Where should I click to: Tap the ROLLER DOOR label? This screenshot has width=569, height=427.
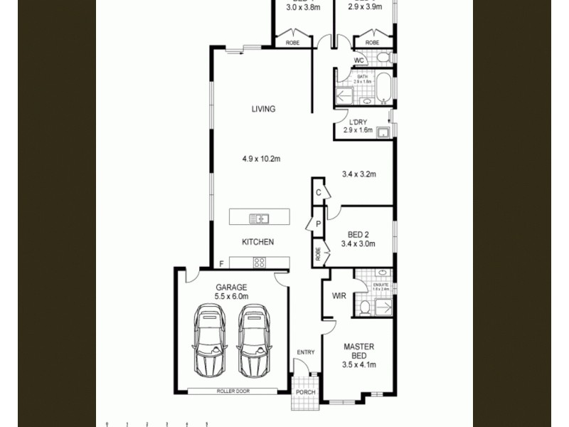pyautogui.click(x=233, y=391)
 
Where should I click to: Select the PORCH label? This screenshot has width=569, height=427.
pyautogui.click(x=305, y=392)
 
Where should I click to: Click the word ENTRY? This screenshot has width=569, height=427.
pyautogui.click(x=305, y=352)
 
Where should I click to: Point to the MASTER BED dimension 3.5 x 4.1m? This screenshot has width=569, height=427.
pyautogui.click(x=358, y=365)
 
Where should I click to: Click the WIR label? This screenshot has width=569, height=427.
pyautogui.click(x=339, y=295)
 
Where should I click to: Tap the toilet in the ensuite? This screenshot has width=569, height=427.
pyautogui.click(x=364, y=307)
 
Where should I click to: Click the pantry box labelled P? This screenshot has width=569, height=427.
pyautogui.click(x=317, y=223)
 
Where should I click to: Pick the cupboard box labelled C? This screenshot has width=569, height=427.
pyautogui.click(x=318, y=192)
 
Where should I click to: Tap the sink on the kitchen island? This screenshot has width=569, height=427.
pyautogui.click(x=258, y=218)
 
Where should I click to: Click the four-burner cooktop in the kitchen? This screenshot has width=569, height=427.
pyautogui.click(x=260, y=263)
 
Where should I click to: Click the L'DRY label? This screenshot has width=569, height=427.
pyautogui.click(x=357, y=122)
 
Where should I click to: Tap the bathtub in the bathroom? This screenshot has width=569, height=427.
pyautogui.click(x=383, y=88)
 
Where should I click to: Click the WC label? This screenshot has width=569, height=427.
pyautogui.click(x=359, y=60)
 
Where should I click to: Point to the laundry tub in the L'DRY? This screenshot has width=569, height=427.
pyautogui.click(x=383, y=132)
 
